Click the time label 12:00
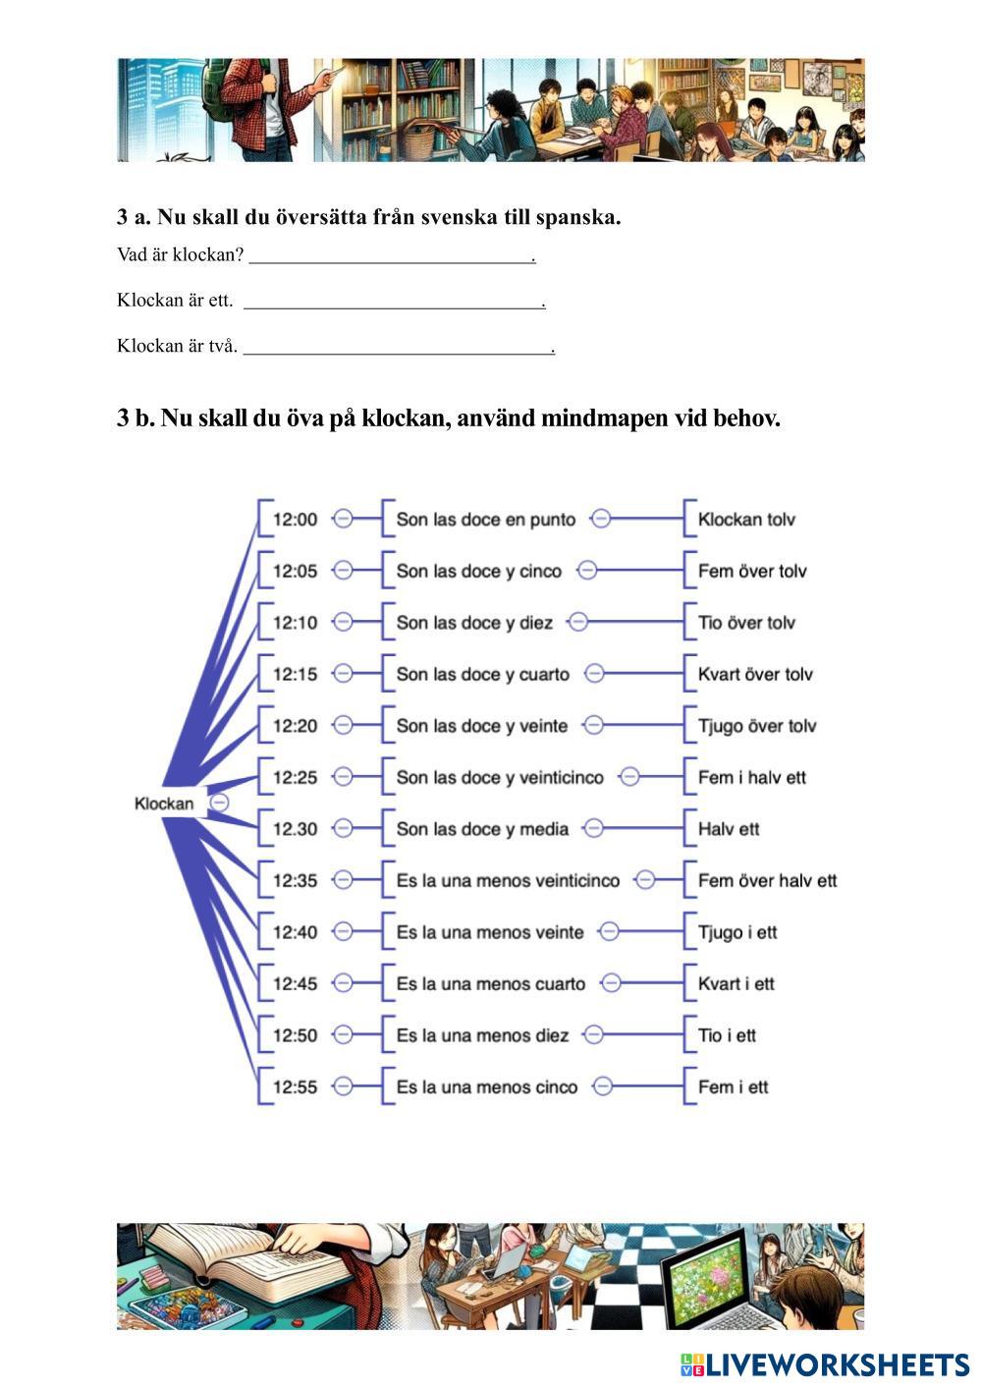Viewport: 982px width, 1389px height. click(295, 520)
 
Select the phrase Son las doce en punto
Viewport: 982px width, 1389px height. click(485, 520)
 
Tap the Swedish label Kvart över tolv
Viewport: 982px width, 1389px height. click(755, 675)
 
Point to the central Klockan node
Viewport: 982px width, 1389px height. click(164, 804)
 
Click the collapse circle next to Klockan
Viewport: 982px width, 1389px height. click(221, 803)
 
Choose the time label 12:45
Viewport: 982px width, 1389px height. click(295, 984)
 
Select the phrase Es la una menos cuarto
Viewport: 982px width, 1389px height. click(490, 984)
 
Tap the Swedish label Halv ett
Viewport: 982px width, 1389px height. click(729, 829)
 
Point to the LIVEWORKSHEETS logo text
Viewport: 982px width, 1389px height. click(838, 1364)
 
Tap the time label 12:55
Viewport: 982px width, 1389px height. click(295, 1087)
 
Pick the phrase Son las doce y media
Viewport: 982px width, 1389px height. click(482, 829)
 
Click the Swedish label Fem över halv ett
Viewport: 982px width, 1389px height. click(767, 881)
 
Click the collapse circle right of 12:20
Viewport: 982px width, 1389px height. click(343, 726)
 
